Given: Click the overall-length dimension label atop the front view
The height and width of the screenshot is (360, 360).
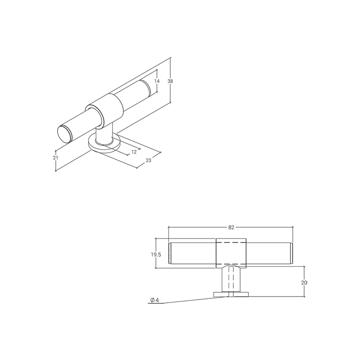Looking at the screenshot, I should [231, 227].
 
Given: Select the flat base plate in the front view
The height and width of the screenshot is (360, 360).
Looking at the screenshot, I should [231, 294].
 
